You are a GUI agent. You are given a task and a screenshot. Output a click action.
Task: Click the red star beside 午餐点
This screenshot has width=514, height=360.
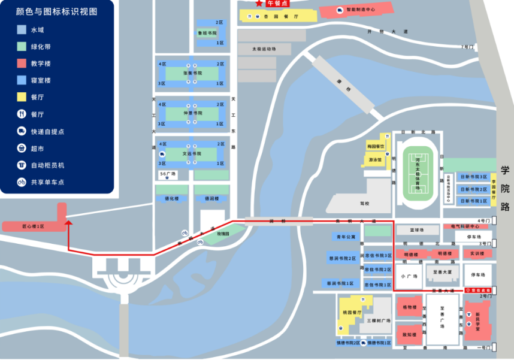259,4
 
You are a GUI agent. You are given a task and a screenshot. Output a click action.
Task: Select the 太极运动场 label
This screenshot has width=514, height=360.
264,49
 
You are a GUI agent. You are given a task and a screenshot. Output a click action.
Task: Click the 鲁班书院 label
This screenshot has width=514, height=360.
207,33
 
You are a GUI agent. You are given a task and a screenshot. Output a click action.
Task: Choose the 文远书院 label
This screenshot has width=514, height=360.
192,153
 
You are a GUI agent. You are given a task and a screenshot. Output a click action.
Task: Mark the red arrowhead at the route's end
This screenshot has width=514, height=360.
69,222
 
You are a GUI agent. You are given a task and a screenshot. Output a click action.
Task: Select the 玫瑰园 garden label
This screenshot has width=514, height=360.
223,233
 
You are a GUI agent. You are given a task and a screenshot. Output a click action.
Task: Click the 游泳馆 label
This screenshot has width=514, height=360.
376,160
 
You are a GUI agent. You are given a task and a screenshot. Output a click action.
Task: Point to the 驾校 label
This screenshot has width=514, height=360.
365,203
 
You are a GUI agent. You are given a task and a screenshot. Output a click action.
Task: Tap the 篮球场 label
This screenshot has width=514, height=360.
417,229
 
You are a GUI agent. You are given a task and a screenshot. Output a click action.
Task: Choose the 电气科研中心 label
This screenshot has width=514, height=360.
465,226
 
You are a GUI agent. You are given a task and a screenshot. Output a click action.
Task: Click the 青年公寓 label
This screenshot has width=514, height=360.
346,237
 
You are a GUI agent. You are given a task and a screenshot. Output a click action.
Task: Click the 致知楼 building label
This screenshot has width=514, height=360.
409,335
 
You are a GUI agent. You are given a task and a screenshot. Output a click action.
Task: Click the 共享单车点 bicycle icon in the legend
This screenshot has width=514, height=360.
22,181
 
